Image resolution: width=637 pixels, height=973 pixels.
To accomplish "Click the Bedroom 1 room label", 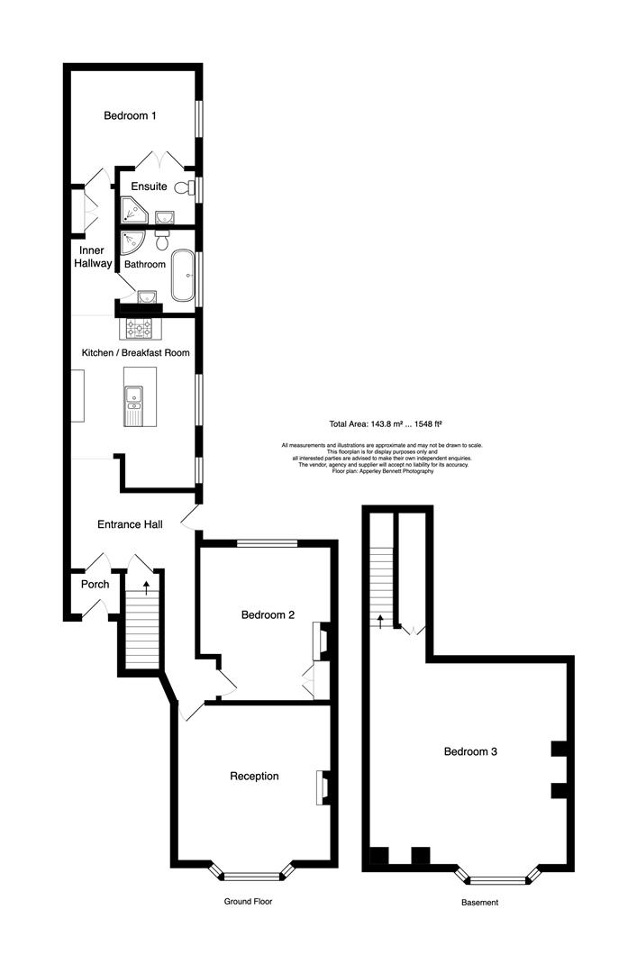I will [x=130, y=115].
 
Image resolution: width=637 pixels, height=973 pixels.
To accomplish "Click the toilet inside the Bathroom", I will [x=161, y=241].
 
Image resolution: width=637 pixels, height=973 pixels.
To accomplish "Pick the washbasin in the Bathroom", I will [x=146, y=296].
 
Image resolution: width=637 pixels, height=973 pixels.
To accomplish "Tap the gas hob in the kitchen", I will [x=139, y=327].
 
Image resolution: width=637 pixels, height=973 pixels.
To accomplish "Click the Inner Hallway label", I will [x=93, y=257].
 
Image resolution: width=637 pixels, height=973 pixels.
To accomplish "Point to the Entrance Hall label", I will [x=130, y=523].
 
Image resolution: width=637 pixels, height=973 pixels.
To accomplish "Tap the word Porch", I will [x=95, y=584].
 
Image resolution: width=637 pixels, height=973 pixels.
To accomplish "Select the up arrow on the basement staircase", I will [x=380, y=620].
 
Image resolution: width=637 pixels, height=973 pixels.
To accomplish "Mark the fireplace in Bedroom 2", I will [x=318, y=641].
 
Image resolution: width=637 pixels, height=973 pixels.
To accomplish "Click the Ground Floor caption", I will [x=248, y=901].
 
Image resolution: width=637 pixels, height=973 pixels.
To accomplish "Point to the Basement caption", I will [x=479, y=902].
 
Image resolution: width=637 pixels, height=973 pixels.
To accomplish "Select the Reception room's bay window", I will [x=252, y=874].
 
